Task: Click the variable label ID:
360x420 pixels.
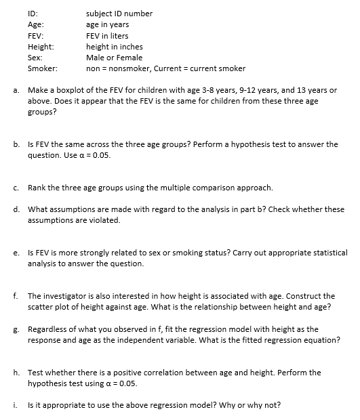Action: (33, 14)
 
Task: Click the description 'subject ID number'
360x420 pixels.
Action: (119, 14)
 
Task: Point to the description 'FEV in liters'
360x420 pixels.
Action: (107, 36)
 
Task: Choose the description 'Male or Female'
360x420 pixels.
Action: (114, 58)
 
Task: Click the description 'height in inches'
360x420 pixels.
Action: (115, 47)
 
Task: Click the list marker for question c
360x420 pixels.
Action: (15, 188)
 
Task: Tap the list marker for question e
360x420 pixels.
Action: (15, 253)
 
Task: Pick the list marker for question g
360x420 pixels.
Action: (15, 329)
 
